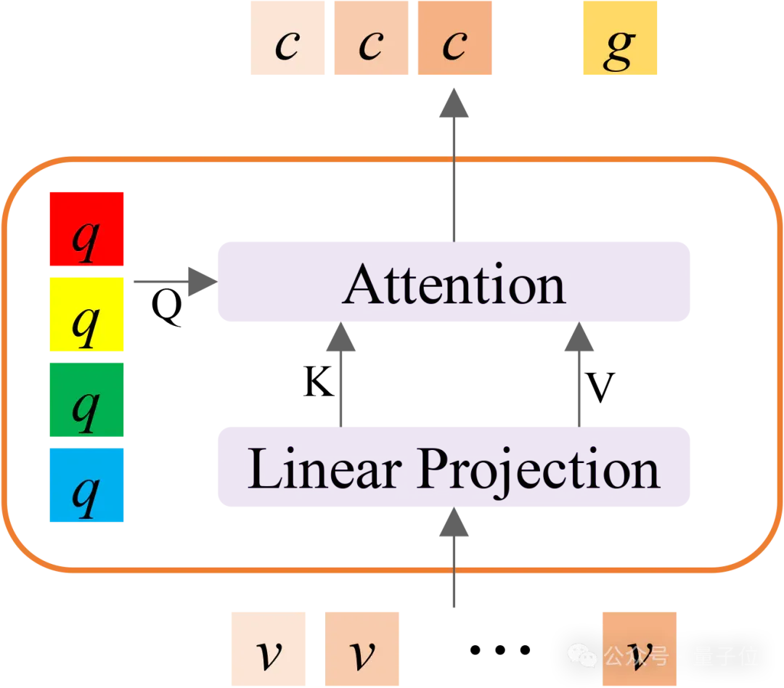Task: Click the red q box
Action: click(86, 229)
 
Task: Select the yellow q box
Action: click(86, 314)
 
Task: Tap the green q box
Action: click(86, 399)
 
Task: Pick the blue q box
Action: click(86, 485)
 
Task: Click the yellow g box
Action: click(620, 38)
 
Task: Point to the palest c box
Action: click(287, 38)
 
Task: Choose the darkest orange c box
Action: click(454, 38)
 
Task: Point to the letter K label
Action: click(319, 382)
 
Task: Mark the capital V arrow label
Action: click(600, 387)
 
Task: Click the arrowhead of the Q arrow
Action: click(203, 282)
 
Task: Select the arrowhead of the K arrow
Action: click(341, 337)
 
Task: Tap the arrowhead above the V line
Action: click(579, 337)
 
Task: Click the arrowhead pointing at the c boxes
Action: click(454, 103)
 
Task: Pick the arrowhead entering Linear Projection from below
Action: click(454, 522)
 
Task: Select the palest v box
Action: click(269, 649)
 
